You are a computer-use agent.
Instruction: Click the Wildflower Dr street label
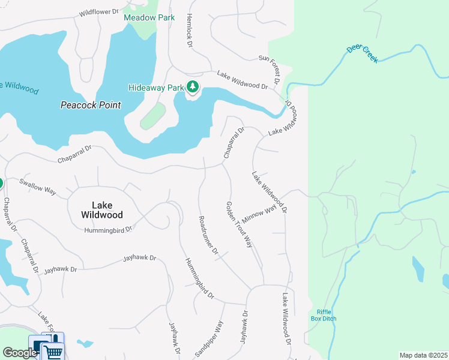click(x=99, y=11)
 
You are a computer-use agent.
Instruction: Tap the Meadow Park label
click(x=149, y=17)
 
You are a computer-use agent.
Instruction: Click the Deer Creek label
click(x=363, y=54)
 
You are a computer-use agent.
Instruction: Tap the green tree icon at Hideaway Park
click(x=193, y=87)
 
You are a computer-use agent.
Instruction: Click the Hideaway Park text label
click(x=156, y=88)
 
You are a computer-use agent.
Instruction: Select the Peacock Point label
click(x=91, y=105)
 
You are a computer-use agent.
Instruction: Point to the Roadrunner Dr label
click(x=208, y=236)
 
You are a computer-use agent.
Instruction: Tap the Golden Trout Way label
click(x=238, y=224)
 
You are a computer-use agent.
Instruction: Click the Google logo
click(x=20, y=353)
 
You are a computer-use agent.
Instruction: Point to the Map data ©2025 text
click(x=423, y=355)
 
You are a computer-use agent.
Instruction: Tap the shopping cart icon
click(x=53, y=351)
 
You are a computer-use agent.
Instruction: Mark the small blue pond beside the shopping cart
click(x=85, y=344)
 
